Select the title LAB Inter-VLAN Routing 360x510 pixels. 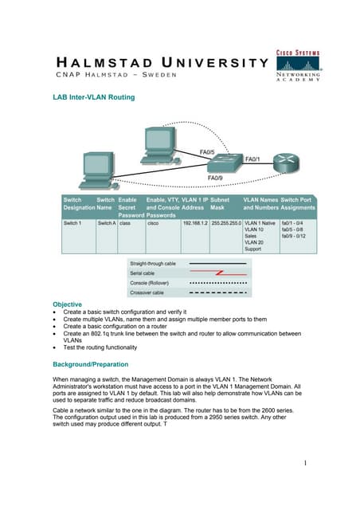pyautogui.click(x=93, y=97)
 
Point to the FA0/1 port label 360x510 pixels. pyautogui.click(x=254, y=159)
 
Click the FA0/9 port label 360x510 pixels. pyautogui.click(x=215, y=178)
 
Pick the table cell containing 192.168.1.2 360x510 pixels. pyautogui.click(x=194, y=224)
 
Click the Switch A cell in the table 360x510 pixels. pyautogui.click(x=106, y=224)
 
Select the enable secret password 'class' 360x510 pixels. pyautogui.click(x=124, y=224)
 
